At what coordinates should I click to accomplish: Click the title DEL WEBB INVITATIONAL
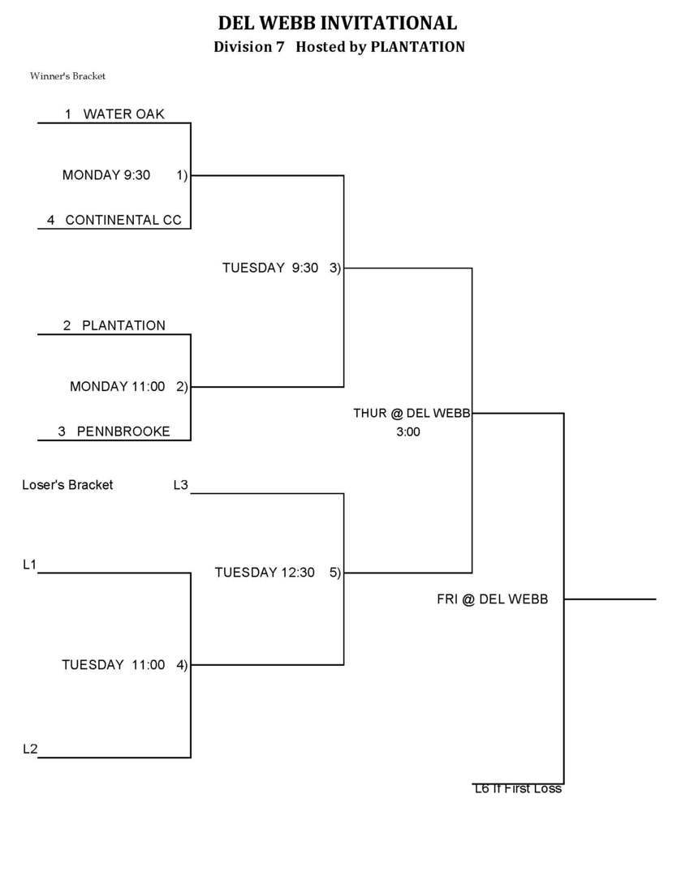[338, 23]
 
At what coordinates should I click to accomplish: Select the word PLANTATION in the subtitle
[417, 47]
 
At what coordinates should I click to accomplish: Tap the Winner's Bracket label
[68, 76]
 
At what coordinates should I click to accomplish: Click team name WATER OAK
[123, 114]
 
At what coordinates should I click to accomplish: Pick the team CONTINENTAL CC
[123, 220]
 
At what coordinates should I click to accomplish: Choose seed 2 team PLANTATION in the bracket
[123, 325]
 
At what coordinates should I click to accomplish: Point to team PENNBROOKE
[123, 432]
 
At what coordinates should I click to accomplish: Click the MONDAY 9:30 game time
[106, 174]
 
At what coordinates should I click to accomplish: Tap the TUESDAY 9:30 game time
[270, 268]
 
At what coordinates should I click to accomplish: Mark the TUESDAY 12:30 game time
[265, 573]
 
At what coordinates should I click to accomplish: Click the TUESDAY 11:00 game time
[114, 665]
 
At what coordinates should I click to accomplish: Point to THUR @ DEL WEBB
[412, 413]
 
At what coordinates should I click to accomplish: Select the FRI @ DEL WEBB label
[493, 599]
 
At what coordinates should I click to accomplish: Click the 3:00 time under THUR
[408, 432]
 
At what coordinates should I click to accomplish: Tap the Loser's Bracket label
[67, 485]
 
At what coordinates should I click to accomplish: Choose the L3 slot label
[181, 485]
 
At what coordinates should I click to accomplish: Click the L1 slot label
[30, 565]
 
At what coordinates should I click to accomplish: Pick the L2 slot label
[30, 749]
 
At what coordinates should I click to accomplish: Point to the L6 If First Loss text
[518, 788]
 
